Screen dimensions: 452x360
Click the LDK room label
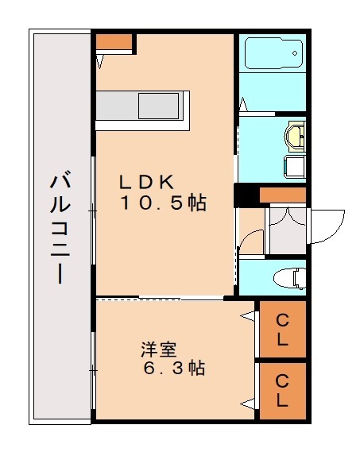click(147, 180)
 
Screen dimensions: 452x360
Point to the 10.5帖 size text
click(163, 203)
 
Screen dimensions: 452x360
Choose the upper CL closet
click(282, 330)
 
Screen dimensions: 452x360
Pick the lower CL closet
click(282, 390)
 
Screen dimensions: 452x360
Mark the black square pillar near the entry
click(245, 195)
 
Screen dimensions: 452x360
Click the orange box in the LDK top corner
click(115, 41)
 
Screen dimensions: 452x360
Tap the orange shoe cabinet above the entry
click(283, 195)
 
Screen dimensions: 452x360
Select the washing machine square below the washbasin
click(294, 165)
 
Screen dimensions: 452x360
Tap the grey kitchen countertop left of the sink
click(118, 106)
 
